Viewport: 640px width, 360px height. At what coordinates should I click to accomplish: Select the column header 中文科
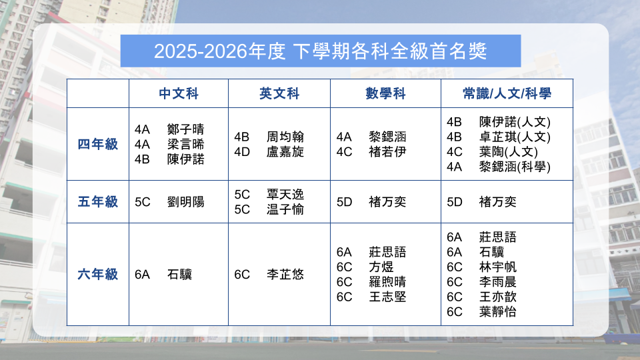[179, 93]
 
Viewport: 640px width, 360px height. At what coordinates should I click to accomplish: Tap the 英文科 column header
[279, 93]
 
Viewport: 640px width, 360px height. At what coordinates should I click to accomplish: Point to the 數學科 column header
[385, 93]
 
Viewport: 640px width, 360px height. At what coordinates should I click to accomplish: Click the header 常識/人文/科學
[507, 93]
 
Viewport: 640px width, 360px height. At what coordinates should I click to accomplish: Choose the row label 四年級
[97, 144]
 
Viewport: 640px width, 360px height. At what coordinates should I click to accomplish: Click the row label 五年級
[97, 201]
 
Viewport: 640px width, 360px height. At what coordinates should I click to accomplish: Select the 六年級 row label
[97, 274]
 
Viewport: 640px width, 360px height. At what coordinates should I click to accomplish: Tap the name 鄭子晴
[186, 129]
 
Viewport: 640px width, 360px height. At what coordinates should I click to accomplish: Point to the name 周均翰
[285, 137]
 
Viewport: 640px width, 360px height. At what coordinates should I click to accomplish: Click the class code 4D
[242, 152]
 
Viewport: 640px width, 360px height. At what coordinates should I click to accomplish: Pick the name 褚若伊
[387, 152]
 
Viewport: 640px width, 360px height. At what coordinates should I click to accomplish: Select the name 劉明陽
[186, 202]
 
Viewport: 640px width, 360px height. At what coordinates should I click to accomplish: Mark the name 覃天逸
[285, 194]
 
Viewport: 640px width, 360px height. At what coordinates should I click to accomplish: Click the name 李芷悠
[285, 274]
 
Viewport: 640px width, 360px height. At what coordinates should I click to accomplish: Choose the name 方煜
[381, 267]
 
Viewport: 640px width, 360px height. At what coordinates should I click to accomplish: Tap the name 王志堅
[387, 297]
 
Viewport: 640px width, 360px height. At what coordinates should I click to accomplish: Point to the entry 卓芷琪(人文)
[515, 137]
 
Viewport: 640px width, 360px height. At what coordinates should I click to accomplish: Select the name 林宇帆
[497, 267]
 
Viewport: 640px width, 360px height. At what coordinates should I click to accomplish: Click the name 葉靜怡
[497, 312]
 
